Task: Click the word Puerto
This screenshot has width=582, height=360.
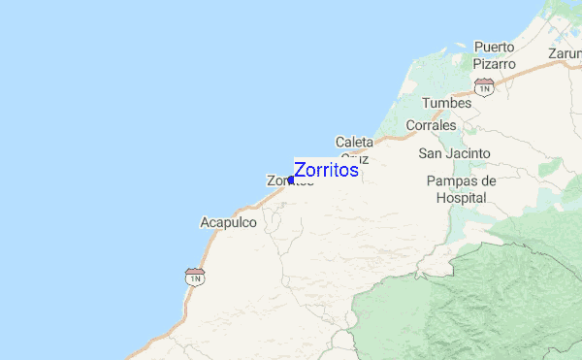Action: point(494,47)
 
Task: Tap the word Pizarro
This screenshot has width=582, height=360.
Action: point(494,64)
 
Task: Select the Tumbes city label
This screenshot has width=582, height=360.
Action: point(446,103)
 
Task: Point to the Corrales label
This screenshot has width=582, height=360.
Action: point(431,126)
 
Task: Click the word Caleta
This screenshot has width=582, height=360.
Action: point(354,142)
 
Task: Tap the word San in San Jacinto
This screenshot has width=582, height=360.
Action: point(430,153)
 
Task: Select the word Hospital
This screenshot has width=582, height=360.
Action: point(461,197)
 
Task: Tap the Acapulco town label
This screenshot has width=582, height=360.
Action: point(228,222)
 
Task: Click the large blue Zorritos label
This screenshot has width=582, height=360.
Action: point(326,170)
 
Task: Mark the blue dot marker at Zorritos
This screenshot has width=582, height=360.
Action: point(290,180)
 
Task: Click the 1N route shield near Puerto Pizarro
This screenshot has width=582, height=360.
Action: point(485,87)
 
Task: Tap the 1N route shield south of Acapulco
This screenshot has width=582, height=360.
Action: point(195,278)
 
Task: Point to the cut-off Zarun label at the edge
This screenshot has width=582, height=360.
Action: point(564,53)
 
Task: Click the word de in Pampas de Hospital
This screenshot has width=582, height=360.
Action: point(487,181)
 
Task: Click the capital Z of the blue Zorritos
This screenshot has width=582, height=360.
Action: point(300,170)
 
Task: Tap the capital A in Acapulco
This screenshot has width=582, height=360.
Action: point(205,222)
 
